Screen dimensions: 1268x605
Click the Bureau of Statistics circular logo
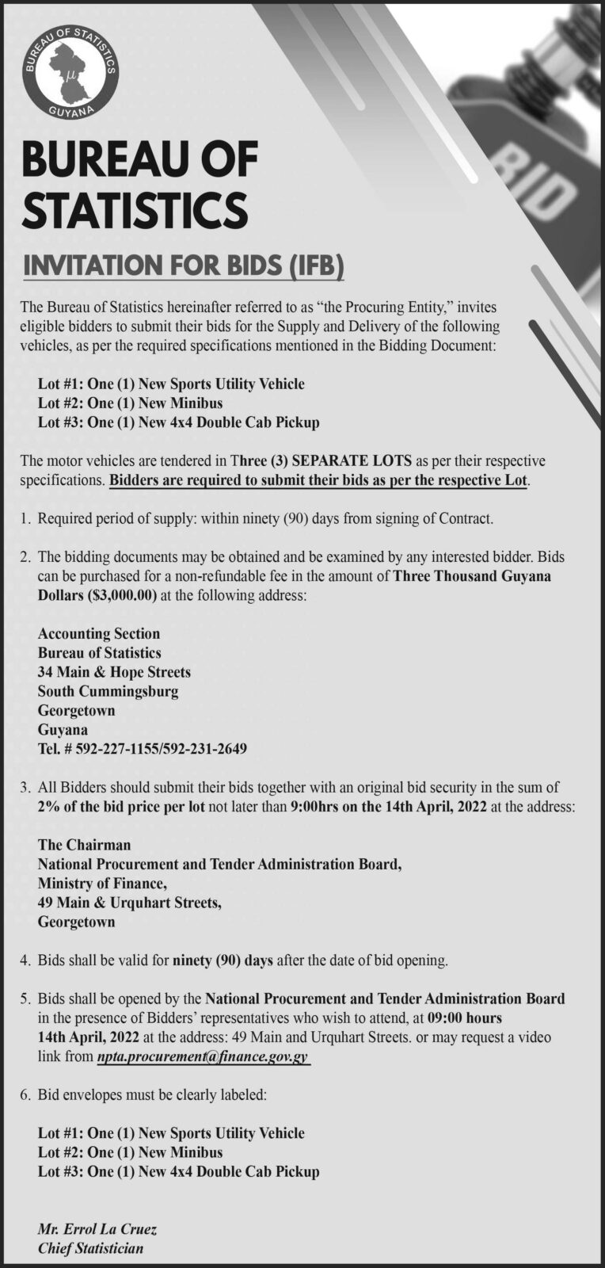(x=70, y=72)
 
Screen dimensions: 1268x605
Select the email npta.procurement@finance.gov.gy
(x=202, y=1057)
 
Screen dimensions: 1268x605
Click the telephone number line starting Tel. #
(x=143, y=748)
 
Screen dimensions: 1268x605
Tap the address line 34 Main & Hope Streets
(x=114, y=672)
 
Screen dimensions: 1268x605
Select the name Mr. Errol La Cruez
(x=97, y=1229)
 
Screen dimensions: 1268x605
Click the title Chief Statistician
(x=91, y=1248)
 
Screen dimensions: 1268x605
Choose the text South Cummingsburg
(x=108, y=691)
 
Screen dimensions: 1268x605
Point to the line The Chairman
(x=84, y=845)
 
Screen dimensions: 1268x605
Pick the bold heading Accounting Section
(x=99, y=633)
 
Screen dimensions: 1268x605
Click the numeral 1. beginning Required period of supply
(x=25, y=519)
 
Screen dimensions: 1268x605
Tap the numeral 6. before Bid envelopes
(x=25, y=1095)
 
